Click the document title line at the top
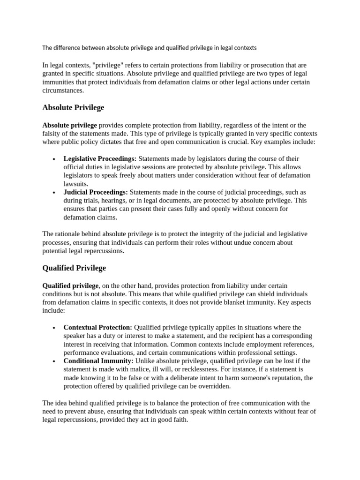tap(150, 48)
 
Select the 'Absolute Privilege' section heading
tap(73, 108)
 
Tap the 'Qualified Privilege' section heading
tap(74, 268)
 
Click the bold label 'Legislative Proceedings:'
tap(100, 159)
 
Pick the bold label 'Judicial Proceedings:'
tap(96, 192)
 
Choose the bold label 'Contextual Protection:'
tap(97, 327)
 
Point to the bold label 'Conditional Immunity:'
tap(98, 361)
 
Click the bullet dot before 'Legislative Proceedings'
tap(55, 159)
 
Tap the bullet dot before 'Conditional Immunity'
tap(55, 361)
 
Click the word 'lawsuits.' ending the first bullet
tap(76, 184)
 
